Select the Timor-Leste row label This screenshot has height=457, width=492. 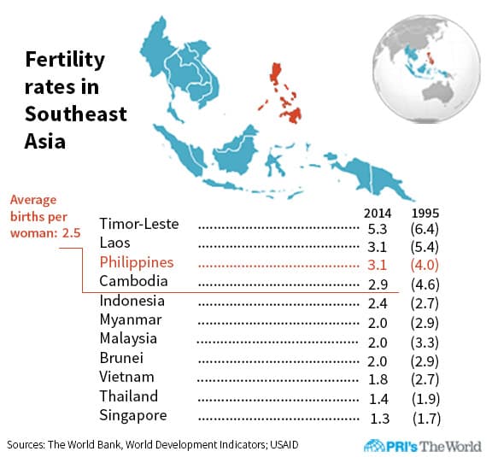click(x=139, y=225)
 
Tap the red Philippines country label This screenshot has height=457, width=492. click(x=137, y=262)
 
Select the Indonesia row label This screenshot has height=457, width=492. click(x=132, y=301)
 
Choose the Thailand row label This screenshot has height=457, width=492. click(x=129, y=396)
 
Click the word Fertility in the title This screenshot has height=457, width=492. click(x=65, y=60)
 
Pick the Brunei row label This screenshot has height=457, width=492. click(x=121, y=358)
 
